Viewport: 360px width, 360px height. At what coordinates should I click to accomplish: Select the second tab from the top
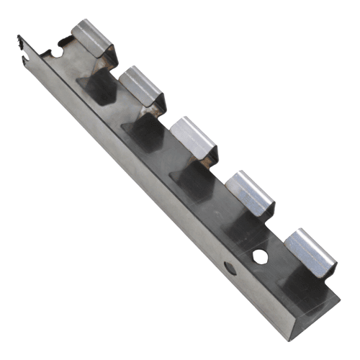pos(143,86)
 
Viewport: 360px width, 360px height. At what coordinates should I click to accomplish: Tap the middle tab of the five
pos(193,137)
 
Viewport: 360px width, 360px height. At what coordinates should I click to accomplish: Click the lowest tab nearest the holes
pos(309,248)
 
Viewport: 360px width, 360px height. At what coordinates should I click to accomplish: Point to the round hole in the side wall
pos(230,269)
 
